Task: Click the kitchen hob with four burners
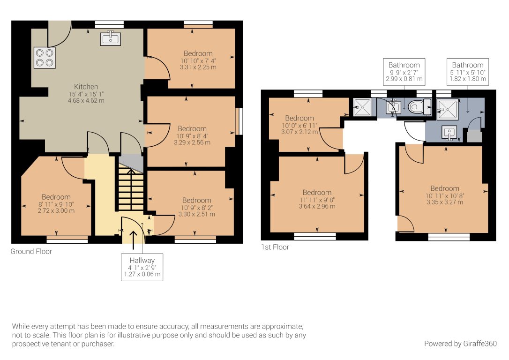(45, 58)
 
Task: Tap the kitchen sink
(110, 38)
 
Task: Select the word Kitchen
(86, 87)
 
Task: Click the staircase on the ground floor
(130, 189)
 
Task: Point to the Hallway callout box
(142, 267)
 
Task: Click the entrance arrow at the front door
(134, 240)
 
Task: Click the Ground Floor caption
(31, 252)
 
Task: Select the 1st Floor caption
(275, 247)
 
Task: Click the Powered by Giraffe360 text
(460, 344)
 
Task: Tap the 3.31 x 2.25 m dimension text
(198, 67)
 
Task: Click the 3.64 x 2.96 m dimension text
(317, 206)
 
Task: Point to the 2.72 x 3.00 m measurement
(56, 210)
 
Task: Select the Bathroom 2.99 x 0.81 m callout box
(404, 72)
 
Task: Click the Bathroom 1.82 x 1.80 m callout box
(468, 72)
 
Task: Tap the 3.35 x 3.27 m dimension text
(445, 202)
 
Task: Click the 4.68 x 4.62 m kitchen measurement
(86, 101)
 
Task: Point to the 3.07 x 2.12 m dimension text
(299, 132)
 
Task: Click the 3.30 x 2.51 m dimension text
(197, 214)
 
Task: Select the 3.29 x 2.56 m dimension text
(192, 142)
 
